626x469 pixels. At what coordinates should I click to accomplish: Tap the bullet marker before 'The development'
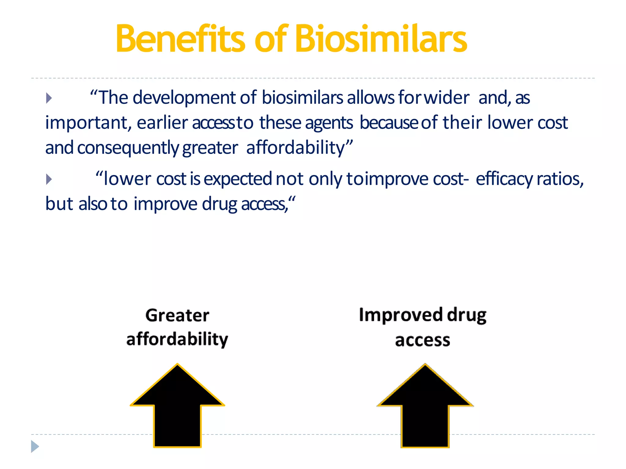pos(49,98)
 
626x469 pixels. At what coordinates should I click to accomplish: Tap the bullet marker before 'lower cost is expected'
pos(49,179)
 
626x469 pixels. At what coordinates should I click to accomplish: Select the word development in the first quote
pos(184,98)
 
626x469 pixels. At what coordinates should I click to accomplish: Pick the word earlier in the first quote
pos(162,123)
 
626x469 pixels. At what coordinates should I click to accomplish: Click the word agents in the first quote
pos(329,123)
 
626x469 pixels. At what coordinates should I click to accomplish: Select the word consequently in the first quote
pos(128,148)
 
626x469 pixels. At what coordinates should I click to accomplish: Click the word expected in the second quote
pos(238,179)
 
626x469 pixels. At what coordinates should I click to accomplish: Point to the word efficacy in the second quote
pos(504,179)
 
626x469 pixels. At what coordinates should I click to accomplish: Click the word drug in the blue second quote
pos(219,204)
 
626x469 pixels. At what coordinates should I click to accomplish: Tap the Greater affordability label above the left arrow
pos(177,327)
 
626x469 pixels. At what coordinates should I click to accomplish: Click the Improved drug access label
pos(423,327)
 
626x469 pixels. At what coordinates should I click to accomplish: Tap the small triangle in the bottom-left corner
pos(35,446)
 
